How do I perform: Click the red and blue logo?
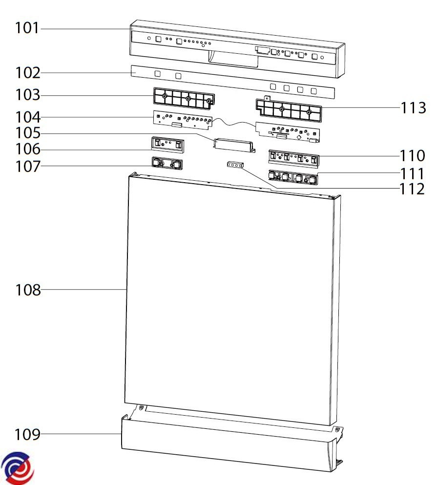pos(18,468)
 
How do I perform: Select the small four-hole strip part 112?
pos(235,165)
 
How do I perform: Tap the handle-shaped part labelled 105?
pos(233,145)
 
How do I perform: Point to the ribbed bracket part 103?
pos(184,99)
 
